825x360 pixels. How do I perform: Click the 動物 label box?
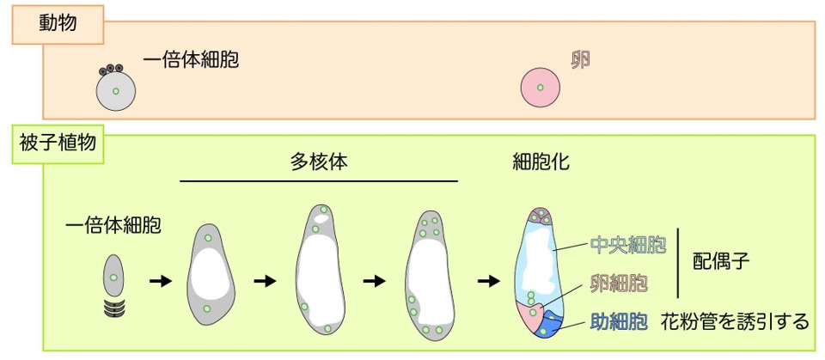(58, 25)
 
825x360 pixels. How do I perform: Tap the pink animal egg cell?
(541, 88)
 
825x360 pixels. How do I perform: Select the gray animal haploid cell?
(115, 90)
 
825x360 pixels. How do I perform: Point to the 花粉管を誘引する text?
(735, 322)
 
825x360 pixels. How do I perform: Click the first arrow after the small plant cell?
(159, 281)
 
